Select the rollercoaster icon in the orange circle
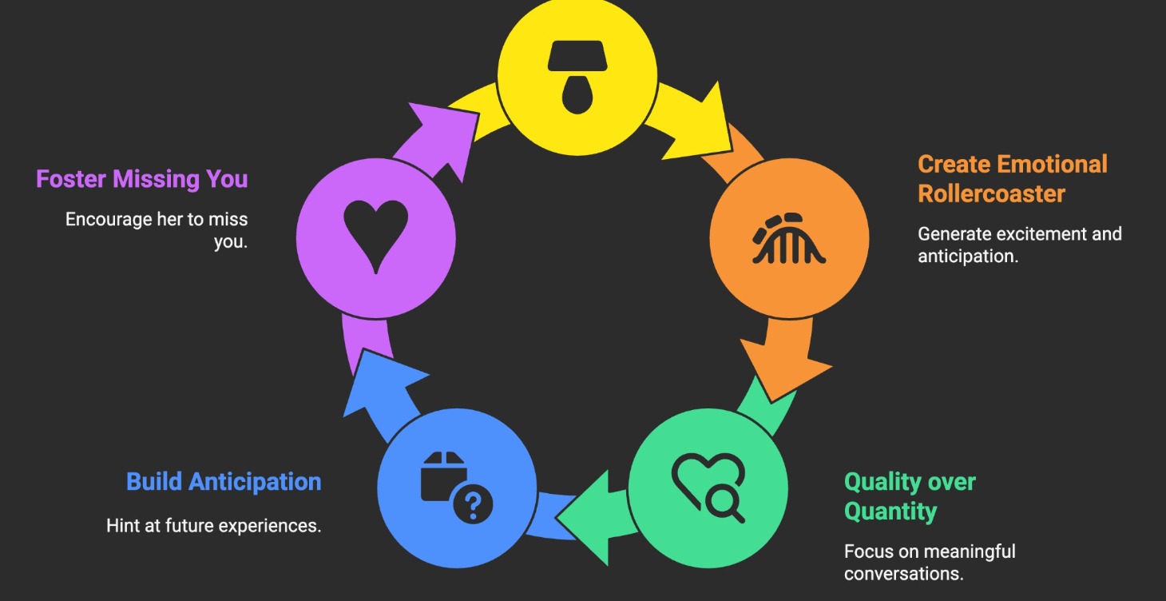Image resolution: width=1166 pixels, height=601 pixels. pos(789,239)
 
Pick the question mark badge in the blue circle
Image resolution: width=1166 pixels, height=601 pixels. pos(472,505)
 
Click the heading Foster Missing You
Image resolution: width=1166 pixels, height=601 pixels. pos(142,179)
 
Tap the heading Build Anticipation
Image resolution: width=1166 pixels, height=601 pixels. pos(224,482)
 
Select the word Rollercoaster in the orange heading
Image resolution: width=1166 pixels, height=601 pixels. pos(991,193)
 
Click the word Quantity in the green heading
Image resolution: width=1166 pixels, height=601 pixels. pos(890,511)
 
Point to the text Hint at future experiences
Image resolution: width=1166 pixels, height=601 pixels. pos(213,526)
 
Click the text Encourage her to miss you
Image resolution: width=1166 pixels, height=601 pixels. pos(157,230)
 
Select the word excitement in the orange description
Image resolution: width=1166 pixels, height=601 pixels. pos(1025,234)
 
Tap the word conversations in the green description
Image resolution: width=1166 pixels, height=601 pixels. pos(902,574)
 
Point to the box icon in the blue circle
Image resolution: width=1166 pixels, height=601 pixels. pos(443,475)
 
